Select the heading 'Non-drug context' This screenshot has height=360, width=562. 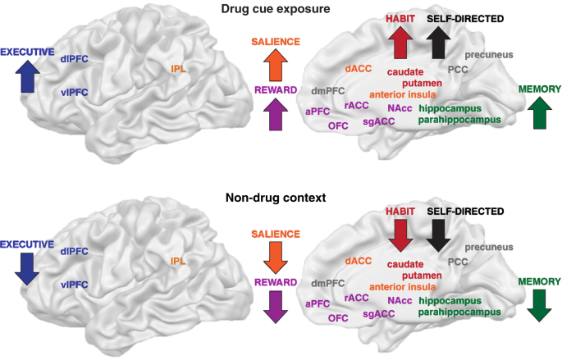click(281, 198)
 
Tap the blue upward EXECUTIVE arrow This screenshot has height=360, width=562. click(26, 78)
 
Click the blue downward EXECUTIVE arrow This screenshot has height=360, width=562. click(26, 267)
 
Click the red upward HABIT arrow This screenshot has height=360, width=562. click(401, 43)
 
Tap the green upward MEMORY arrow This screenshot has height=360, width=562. click(538, 112)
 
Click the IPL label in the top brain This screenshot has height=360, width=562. click(179, 68)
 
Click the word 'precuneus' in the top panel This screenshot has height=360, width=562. click(489, 55)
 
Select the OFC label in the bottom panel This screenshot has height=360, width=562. click(338, 317)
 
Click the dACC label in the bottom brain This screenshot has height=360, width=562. click(359, 260)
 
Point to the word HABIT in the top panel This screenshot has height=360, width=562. click(401, 17)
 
